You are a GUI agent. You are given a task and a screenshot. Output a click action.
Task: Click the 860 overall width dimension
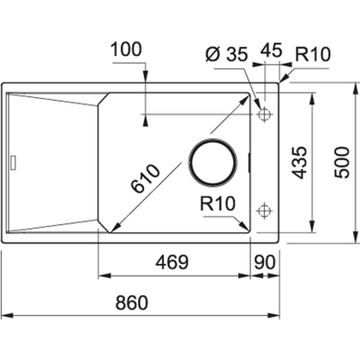point(132,302)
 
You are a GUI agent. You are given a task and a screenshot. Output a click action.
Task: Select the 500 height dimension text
point(342,163)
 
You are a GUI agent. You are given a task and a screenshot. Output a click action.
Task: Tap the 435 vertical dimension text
point(300,163)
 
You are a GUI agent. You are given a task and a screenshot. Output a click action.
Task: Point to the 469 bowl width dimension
point(172,262)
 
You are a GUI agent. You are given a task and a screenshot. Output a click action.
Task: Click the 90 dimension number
point(265,262)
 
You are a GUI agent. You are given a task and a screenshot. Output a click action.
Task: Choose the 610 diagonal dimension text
point(146,178)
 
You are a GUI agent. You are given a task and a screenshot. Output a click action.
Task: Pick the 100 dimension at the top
point(126,49)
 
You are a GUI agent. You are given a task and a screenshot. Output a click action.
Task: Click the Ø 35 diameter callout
point(227,55)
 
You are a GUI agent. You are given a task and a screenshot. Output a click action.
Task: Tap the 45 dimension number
point(271,50)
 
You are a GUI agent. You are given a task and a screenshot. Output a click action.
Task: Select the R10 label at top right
point(312,55)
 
